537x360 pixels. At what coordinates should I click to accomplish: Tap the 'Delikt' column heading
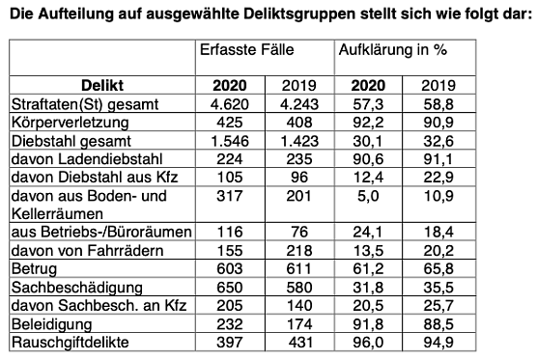[99, 85]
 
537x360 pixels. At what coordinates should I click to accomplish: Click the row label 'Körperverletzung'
[66, 122]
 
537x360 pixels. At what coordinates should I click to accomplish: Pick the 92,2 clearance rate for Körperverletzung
[370, 122]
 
